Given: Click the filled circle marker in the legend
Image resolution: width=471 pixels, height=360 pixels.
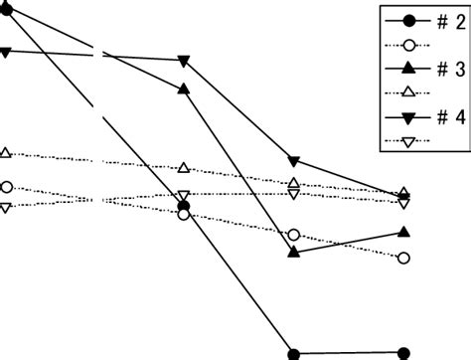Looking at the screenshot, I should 404,21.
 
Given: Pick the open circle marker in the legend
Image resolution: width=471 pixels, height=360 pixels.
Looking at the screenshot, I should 404,45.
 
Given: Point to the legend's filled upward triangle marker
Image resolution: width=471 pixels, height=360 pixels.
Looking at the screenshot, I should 404,69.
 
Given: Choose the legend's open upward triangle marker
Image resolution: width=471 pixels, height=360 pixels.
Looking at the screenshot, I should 404,92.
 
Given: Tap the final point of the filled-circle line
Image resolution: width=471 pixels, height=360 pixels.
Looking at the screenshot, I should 403,352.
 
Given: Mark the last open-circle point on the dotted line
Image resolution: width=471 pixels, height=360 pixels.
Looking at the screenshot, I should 403,258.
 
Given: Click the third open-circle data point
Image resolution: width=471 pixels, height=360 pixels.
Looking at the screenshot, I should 293,235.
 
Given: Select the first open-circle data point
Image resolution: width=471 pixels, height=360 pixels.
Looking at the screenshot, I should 7,186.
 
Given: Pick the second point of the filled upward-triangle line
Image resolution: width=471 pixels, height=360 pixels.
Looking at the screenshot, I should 183,90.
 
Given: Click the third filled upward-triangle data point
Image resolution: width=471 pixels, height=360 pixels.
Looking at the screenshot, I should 293,253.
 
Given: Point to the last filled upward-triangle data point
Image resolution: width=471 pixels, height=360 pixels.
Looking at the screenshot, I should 403,232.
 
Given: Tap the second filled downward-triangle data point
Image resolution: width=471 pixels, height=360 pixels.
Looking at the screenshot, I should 183,62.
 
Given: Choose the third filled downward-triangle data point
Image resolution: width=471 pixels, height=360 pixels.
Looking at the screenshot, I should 293,161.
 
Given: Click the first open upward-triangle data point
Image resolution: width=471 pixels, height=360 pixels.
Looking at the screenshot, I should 7,152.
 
